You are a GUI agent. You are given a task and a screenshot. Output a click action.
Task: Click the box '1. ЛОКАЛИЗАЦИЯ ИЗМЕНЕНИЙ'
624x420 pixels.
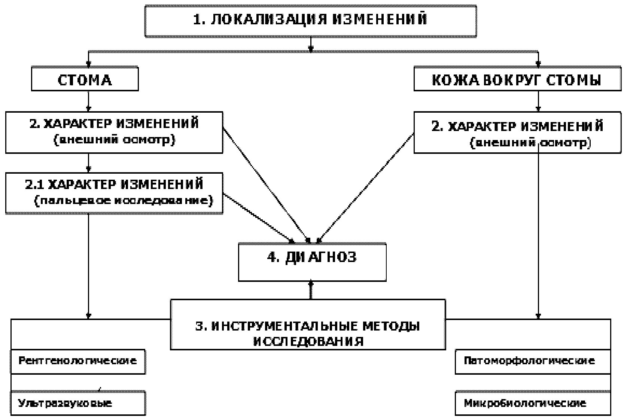click(x=311, y=21)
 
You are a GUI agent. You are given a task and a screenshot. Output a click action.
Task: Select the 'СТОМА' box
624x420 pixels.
click(x=85, y=79)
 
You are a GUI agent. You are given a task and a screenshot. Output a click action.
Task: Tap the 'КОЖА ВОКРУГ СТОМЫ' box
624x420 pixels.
click(x=517, y=79)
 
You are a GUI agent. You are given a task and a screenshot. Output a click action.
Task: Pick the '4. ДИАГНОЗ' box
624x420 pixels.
click(x=312, y=262)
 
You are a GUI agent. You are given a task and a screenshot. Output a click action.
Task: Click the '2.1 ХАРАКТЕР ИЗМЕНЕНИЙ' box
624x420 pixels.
click(x=114, y=193)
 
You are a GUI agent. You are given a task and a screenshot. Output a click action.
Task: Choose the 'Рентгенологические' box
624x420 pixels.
click(x=77, y=361)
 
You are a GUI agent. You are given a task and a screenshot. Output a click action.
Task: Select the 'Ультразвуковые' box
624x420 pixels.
click(x=77, y=404)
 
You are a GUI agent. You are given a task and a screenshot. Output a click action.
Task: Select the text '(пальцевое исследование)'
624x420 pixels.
click(x=124, y=201)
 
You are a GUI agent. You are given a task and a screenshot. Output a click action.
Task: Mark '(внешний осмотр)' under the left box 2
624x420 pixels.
click(x=114, y=140)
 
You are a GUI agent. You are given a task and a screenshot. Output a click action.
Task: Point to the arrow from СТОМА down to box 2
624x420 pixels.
click(x=88, y=101)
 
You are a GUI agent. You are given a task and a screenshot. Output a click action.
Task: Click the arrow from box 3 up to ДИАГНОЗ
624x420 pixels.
click(x=311, y=290)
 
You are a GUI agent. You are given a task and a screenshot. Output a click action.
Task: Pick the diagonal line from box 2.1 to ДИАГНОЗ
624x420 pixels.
click(x=258, y=216)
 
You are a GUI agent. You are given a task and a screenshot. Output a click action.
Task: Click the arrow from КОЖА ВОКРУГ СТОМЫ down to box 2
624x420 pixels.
click(x=538, y=101)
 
